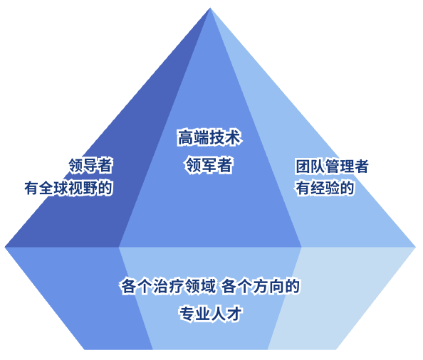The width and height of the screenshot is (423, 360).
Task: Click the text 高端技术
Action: click(x=209, y=138)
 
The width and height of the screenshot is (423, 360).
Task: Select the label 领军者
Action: click(x=209, y=165)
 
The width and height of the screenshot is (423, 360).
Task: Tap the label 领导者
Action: click(x=90, y=165)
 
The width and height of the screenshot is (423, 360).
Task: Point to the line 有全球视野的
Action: click(x=68, y=188)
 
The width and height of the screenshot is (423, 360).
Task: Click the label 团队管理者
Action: click(x=332, y=166)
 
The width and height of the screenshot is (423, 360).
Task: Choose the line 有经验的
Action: click(x=325, y=188)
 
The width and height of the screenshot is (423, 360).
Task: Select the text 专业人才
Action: click(x=211, y=313)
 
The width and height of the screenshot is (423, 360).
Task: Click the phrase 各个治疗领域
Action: click(x=168, y=286)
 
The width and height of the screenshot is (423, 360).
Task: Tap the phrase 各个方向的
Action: click(x=261, y=286)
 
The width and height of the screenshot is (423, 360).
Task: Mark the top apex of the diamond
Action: click(x=210, y=8)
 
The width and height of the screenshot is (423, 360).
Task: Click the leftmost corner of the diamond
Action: click(x=6, y=247)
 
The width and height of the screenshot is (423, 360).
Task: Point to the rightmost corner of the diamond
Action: click(x=416, y=247)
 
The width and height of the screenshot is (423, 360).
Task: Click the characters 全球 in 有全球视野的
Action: click(x=54, y=188)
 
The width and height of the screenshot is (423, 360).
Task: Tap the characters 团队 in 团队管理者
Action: click(x=310, y=166)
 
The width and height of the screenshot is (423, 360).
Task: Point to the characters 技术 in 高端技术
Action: click(x=225, y=138)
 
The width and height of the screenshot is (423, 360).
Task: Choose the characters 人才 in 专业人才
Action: click(x=226, y=313)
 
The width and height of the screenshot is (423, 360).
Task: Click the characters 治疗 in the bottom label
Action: click(x=168, y=286)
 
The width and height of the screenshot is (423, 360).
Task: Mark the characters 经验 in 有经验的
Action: click(x=325, y=188)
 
